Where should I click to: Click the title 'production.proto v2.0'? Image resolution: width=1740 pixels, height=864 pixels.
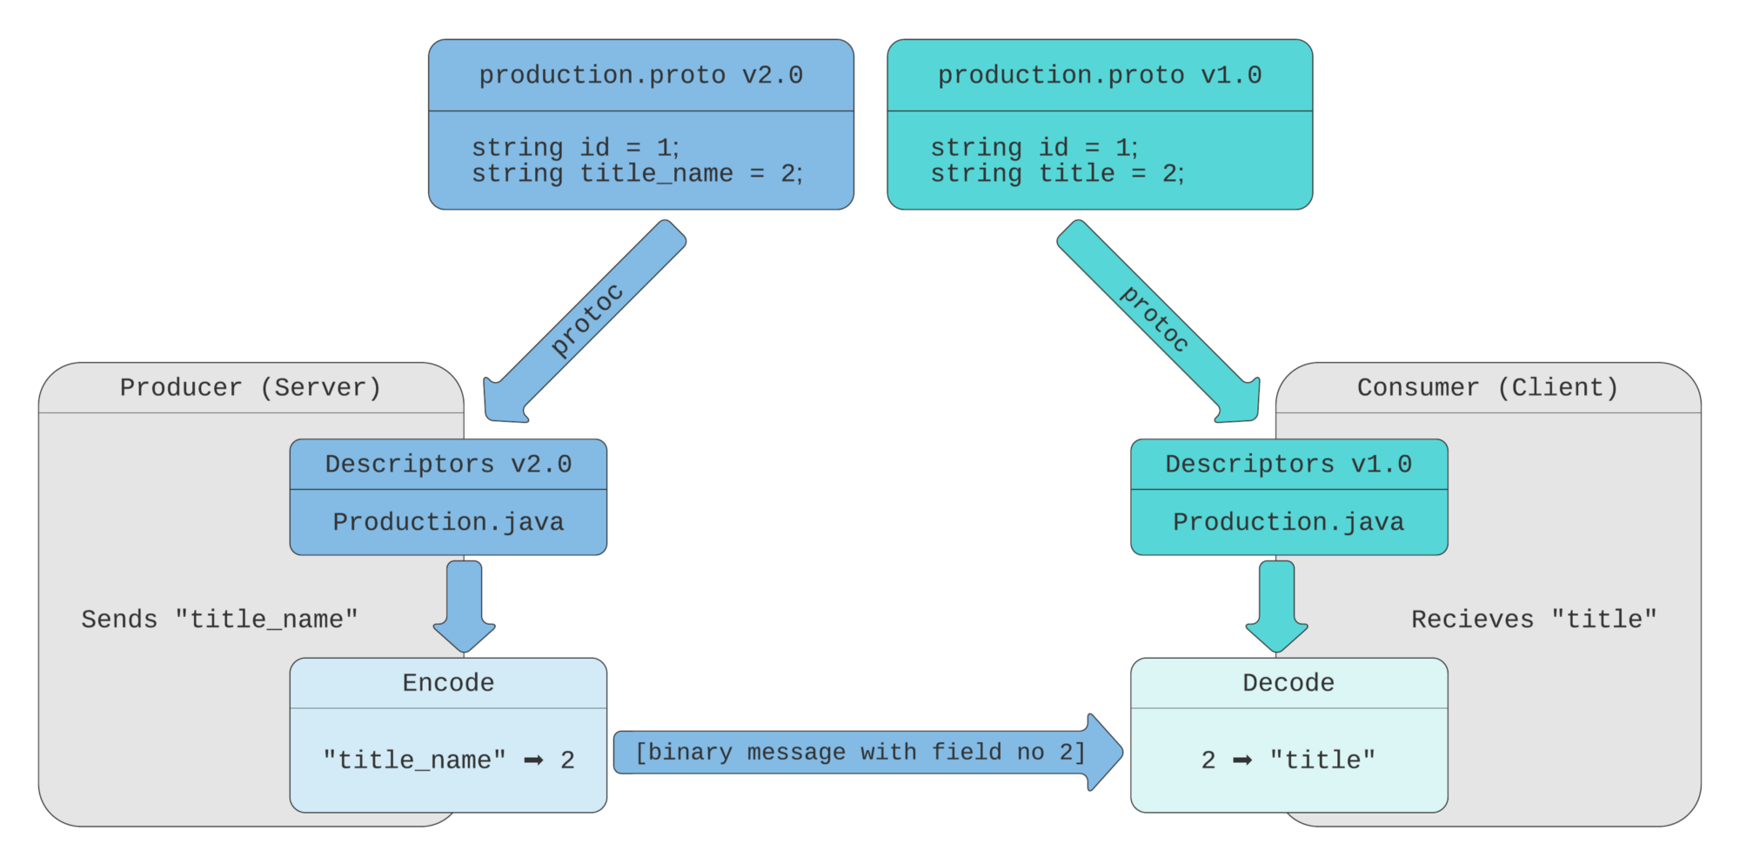(x=640, y=76)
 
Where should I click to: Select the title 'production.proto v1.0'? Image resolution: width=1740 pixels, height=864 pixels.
(x=1099, y=76)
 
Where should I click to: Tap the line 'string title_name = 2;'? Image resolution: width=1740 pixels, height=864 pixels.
(x=637, y=174)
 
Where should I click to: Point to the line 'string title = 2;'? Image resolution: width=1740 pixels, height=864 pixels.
(x=1057, y=174)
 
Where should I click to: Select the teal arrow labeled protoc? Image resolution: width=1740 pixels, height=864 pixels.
(x=1154, y=319)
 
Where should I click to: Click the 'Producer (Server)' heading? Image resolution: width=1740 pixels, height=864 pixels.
(x=251, y=388)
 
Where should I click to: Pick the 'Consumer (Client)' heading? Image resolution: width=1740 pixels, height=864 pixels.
(x=1488, y=388)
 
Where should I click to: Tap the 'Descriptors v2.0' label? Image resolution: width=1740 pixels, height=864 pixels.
(x=448, y=465)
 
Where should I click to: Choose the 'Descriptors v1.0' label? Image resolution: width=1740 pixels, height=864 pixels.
(x=1288, y=465)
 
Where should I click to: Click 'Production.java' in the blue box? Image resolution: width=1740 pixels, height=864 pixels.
(x=448, y=522)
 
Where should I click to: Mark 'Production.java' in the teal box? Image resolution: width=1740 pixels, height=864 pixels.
(x=1288, y=522)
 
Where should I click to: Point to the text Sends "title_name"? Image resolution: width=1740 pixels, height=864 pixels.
(x=219, y=620)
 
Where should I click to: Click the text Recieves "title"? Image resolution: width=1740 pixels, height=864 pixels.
(x=1534, y=620)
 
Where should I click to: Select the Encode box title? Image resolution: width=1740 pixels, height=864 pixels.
(x=448, y=683)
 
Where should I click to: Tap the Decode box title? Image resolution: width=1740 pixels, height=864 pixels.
(x=1288, y=683)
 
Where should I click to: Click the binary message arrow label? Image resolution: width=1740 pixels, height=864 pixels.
(x=860, y=753)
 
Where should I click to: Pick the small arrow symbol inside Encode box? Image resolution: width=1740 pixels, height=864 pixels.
(x=533, y=760)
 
